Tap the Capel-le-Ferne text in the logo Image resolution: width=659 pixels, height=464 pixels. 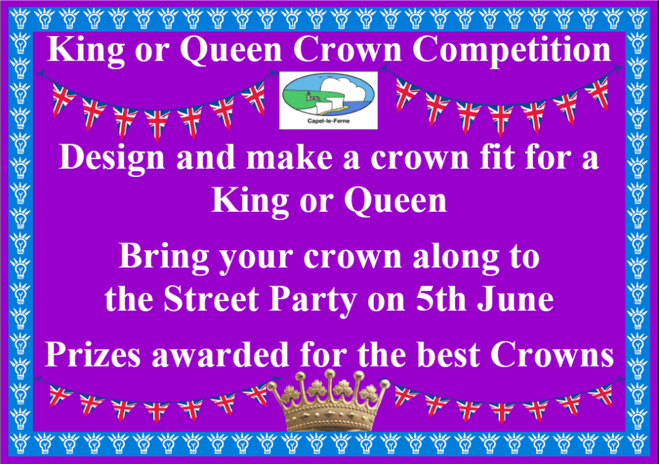pos(328,121)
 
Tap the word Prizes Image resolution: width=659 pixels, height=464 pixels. pos(93,354)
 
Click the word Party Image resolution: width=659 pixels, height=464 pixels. pos(313,301)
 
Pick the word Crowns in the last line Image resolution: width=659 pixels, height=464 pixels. pos(552,354)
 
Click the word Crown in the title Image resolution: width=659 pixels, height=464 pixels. pos(348,49)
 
